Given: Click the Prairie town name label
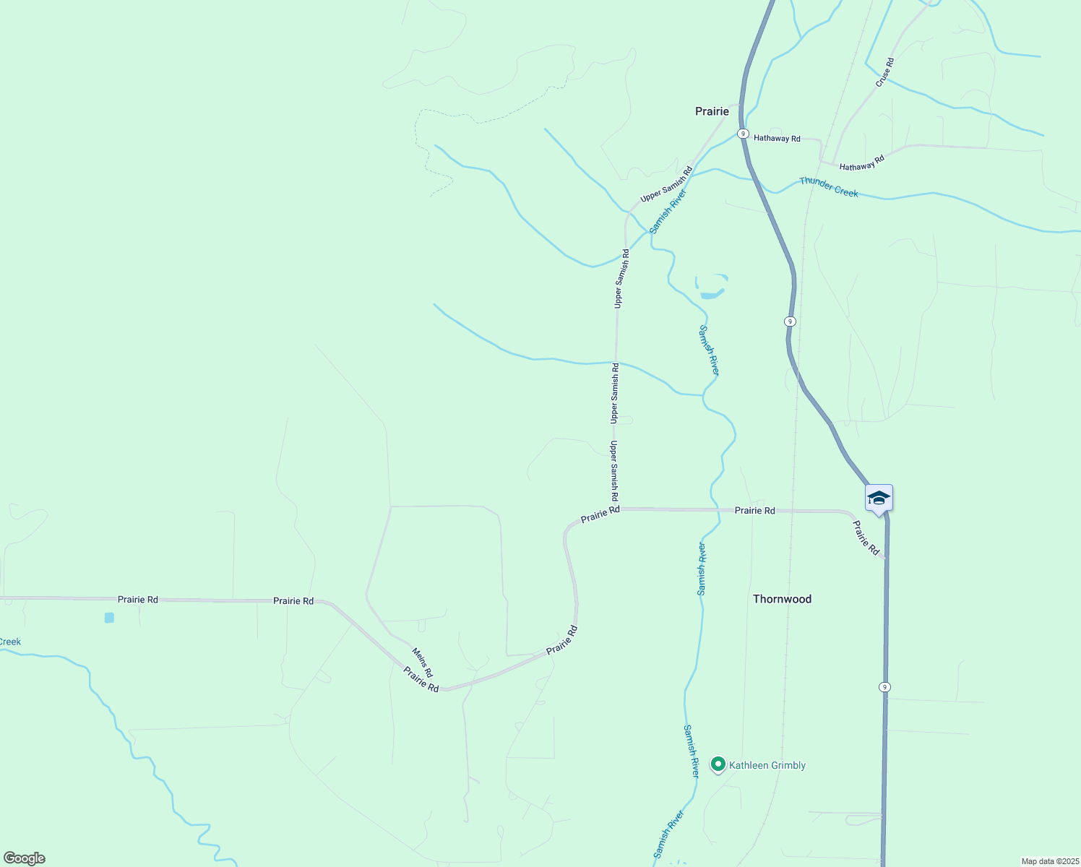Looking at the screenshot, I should (712, 111).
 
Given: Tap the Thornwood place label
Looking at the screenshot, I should (782, 599).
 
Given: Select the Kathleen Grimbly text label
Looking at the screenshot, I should (767, 765).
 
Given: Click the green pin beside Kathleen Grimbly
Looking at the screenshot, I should (718, 764).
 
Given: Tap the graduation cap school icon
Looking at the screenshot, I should (879, 499).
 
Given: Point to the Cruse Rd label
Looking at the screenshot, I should (885, 72).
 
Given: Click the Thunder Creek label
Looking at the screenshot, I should (829, 187).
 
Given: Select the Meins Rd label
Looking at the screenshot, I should (423, 663).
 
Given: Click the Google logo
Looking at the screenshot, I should (24, 858).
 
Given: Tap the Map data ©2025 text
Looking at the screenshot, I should (1049, 861).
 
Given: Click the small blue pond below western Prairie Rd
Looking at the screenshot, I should (109, 618).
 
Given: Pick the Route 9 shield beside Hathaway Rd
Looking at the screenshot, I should (743, 134).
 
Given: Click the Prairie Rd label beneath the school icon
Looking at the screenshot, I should (865, 538).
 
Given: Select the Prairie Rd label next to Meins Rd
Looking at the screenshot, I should (421, 679).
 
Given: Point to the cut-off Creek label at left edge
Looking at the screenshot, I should (10, 642).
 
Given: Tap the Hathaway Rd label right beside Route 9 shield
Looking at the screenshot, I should (777, 138).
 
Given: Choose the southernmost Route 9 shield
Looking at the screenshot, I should (884, 687).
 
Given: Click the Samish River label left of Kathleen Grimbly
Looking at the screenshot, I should (692, 751).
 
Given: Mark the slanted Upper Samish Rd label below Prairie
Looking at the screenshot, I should (666, 184).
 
